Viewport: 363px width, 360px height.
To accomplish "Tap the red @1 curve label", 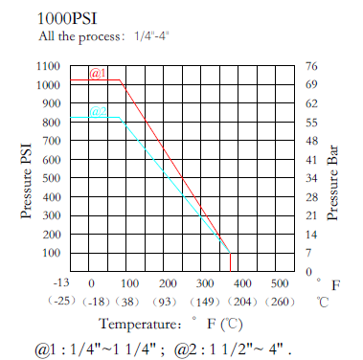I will tap(98, 74).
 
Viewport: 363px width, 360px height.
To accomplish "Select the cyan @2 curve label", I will tap(98, 112).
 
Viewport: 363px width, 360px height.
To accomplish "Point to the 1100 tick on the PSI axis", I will tap(46, 66).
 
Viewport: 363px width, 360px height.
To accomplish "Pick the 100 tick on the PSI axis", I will tap(49, 253).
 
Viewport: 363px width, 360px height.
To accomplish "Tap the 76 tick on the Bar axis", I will tap(311, 66).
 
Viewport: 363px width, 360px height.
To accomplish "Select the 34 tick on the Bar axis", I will tap(311, 178).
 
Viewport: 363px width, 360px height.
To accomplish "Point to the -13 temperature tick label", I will tap(59, 283).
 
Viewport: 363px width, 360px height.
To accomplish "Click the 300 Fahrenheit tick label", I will tap(204, 283).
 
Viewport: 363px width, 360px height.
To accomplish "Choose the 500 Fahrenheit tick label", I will tap(279, 283).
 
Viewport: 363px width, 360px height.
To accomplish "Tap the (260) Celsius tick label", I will tap(279, 302).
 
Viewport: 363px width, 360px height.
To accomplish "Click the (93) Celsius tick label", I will tap(167, 302).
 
